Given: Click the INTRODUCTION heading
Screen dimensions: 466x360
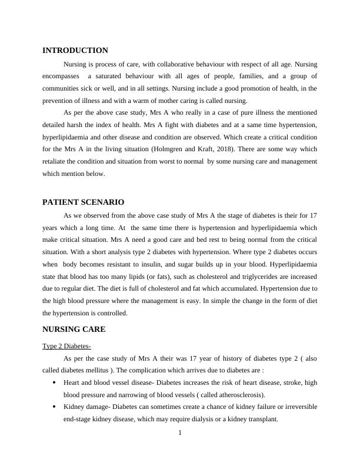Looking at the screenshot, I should [x=75, y=51].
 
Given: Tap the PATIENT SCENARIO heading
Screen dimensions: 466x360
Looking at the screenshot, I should [x=83, y=202].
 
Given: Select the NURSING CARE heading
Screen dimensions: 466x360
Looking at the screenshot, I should [x=74, y=329].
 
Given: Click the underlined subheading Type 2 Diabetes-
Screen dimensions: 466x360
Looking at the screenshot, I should [x=66, y=345].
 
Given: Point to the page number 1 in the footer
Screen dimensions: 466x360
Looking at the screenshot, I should [x=180, y=434].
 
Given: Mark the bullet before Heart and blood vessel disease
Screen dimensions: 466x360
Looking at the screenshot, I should [x=54, y=382].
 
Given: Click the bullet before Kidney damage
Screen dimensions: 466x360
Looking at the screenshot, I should [x=54, y=407].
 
